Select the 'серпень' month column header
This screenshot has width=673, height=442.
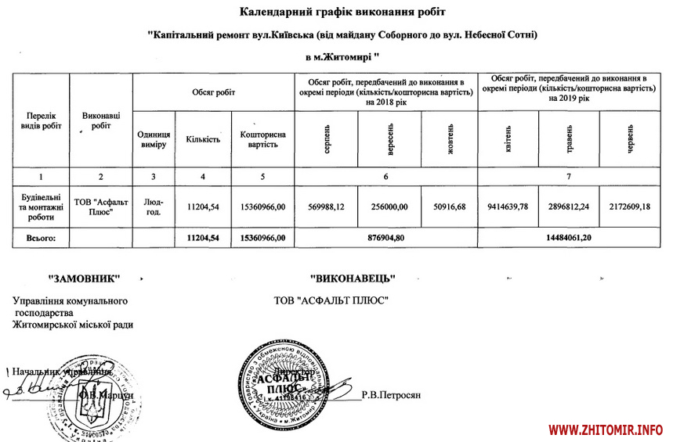point(326,139)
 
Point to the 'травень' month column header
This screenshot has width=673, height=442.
point(568,139)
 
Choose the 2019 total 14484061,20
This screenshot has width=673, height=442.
point(569,236)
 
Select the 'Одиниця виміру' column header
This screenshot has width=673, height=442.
point(154,139)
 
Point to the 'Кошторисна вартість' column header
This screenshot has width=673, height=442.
point(262,139)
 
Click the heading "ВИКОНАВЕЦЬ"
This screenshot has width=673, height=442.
point(352,278)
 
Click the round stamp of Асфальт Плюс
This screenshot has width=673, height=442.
point(285,383)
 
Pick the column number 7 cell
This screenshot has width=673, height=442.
point(569,176)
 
